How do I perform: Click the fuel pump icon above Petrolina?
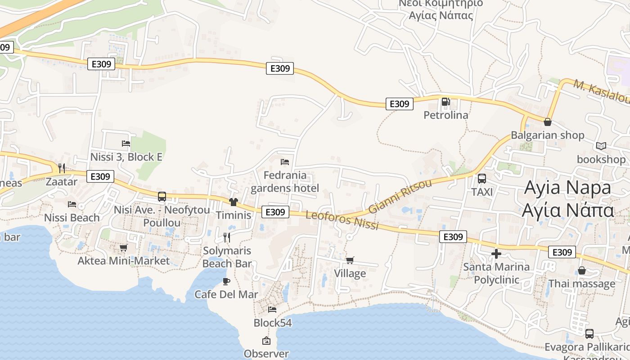445,102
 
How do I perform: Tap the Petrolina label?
446,115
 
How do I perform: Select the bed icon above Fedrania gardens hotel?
284,162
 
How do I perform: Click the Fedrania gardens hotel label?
285,182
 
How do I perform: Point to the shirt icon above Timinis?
233,202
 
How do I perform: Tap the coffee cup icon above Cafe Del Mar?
226,282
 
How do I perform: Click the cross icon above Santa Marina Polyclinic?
496,254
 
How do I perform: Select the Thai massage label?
581,284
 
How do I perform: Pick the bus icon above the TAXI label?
482,179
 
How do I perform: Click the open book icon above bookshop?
601,146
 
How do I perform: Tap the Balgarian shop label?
547,135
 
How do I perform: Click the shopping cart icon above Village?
350,260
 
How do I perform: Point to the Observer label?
266,354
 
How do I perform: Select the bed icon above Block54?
272,310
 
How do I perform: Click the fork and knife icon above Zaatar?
62,168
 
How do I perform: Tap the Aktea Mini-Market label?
124,261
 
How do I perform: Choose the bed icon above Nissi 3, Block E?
126,144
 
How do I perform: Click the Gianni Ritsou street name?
400,196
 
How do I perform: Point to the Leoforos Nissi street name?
342,220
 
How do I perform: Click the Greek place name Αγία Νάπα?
568,210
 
